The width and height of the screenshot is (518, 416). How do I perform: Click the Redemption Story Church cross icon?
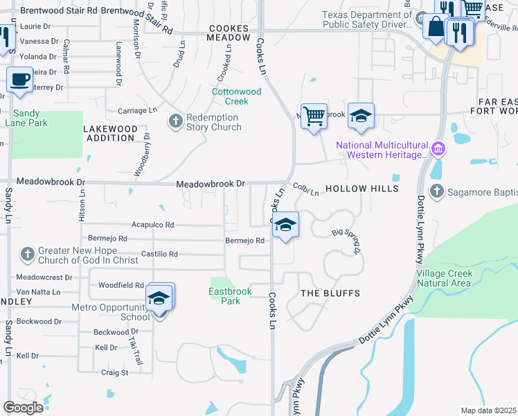pyautogui.click(x=175, y=121)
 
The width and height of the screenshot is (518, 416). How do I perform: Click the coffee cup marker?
pyautogui.click(x=20, y=80)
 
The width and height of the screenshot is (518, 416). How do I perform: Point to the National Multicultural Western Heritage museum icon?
pyautogui.click(x=438, y=149)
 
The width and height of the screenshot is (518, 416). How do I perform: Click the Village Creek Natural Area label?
pyautogui.click(x=445, y=278)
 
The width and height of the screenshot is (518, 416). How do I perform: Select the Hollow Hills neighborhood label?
pyautogui.click(x=361, y=189)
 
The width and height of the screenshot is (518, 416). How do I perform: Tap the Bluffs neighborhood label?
pyautogui.click(x=330, y=293)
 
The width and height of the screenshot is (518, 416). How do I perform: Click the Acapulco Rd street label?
pyautogui.click(x=153, y=225)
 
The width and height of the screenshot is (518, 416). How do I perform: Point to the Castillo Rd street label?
pyautogui.click(x=159, y=254)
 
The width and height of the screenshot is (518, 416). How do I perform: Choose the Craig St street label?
pyautogui.click(x=114, y=372)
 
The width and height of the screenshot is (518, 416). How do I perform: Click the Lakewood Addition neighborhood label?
pyautogui.click(x=109, y=133)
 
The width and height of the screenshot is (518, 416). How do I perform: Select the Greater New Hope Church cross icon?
pyautogui.click(x=27, y=254)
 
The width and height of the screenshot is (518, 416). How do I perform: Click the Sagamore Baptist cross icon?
pyautogui.click(x=436, y=191)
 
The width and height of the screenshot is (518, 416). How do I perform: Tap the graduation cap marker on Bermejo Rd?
pyautogui.click(x=285, y=225)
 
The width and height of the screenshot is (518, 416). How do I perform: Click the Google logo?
pyautogui.click(x=23, y=408)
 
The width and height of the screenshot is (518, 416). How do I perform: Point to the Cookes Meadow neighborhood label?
pyautogui.click(x=229, y=33)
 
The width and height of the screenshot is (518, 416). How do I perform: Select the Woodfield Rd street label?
pyautogui.click(x=120, y=285)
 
